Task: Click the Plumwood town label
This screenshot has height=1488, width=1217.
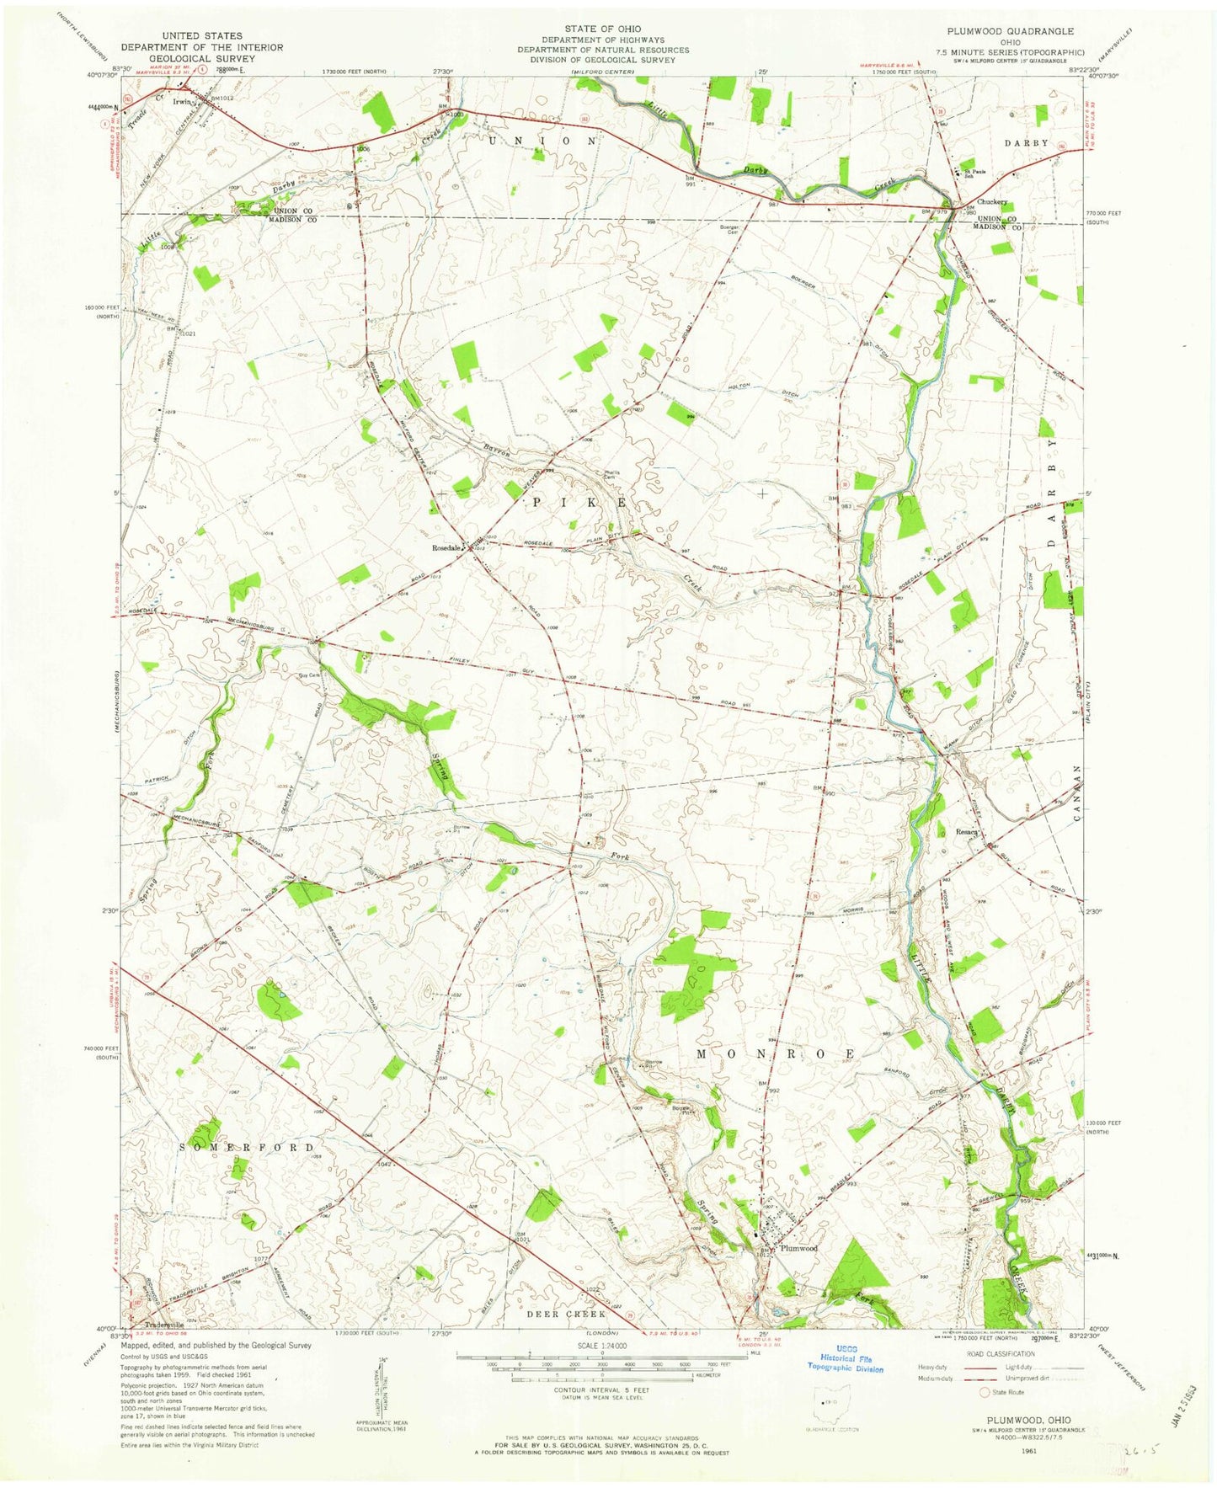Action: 798,1249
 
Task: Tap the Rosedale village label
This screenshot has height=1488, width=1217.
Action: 446,548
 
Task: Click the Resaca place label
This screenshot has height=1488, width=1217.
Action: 966,832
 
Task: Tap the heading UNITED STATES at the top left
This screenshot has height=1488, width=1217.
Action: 202,36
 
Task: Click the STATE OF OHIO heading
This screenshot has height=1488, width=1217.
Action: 602,29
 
